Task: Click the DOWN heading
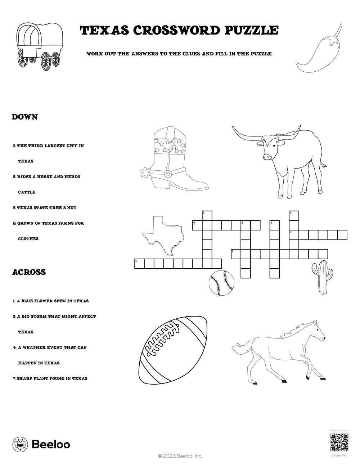(x=24, y=117)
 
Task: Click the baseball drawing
(x=221, y=283)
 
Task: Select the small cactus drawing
(x=320, y=277)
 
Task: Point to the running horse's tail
(x=239, y=349)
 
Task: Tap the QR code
(x=339, y=443)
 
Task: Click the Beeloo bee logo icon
(x=20, y=444)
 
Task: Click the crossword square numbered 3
(x=139, y=264)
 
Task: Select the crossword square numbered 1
(x=236, y=254)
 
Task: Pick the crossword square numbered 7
(x=294, y=235)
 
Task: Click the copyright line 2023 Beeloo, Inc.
(x=180, y=456)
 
